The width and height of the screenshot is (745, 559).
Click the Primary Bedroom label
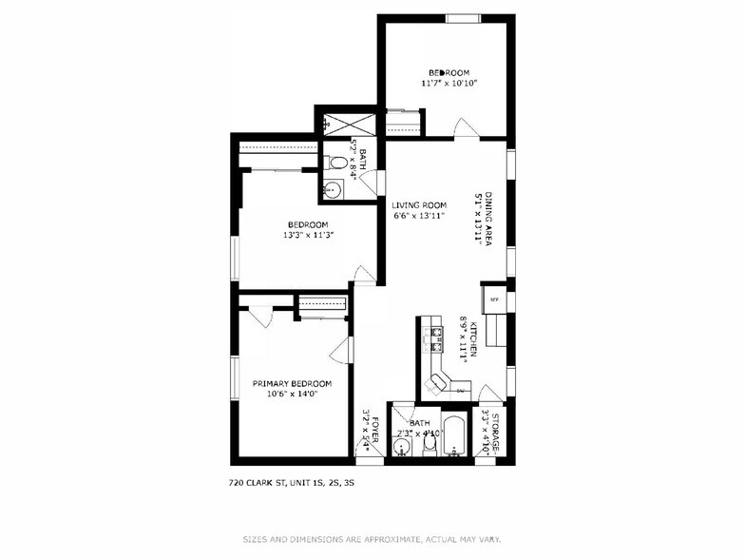coord(292,383)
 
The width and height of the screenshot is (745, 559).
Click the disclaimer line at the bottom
coord(372,537)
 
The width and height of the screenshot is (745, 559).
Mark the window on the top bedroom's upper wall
coord(463,17)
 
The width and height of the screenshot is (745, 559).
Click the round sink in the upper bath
coord(331,190)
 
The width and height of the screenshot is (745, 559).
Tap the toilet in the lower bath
coord(430,442)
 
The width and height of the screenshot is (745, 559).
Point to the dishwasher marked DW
coord(461,390)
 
